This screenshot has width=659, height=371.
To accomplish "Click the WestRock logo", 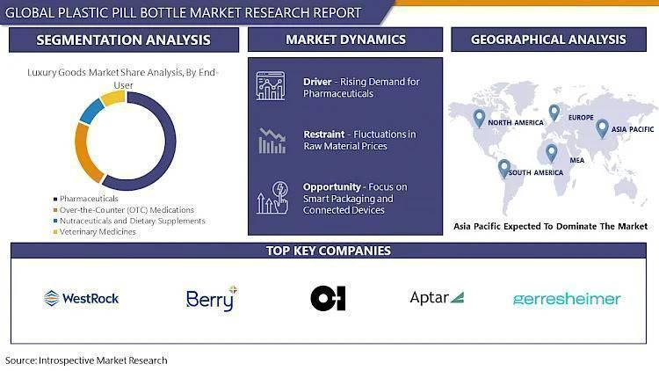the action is tap(81, 298).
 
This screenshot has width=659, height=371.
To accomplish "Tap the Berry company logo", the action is tap(212, 299).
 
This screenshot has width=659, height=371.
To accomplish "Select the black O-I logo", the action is tap(329, 298).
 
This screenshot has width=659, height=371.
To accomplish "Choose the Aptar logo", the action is tap(437, 297).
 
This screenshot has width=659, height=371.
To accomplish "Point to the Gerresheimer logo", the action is tap(567, 299).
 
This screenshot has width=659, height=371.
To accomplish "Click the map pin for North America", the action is tap(479, 118).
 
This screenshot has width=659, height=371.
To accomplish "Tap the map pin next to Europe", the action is tap(554, 113).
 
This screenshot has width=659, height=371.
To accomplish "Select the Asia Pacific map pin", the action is tap(602, 128).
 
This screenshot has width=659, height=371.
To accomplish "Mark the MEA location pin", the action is tap(552, 153).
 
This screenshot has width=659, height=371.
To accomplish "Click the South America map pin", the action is tap(504, 169).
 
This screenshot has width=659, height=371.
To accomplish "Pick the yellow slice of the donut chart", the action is tap(112, 98).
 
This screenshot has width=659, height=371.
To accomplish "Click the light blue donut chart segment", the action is tap(91, 112).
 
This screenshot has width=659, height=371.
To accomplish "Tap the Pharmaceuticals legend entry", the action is tap(86, 199).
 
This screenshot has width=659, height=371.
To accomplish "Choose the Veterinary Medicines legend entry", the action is tap(95, 232).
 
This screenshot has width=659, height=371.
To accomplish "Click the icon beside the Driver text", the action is tap(271, 86).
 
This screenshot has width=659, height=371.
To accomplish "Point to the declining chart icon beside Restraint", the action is tap(272, 141).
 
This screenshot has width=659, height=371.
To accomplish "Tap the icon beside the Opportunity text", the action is tap(272, 197).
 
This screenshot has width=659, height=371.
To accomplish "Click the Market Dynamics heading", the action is tap(345, 40).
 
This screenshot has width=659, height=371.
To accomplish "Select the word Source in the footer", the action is tap(20, 360).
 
